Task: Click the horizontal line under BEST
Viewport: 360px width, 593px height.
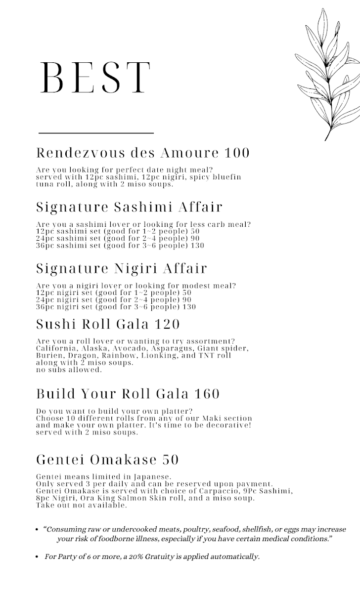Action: (x=96, y=133)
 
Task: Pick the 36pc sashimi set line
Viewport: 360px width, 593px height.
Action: (x=120, y=246)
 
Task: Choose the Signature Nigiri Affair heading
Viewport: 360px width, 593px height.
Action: (x=122, y=269)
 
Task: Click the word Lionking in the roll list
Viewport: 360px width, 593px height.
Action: (x=159, y=355)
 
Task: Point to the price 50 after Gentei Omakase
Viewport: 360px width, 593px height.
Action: (x=170, y=460)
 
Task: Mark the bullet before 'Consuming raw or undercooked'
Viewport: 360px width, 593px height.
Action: (x=37, y=529)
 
